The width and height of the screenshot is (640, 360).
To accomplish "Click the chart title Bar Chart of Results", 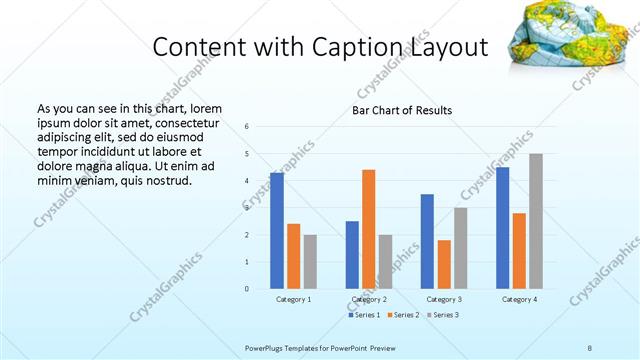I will click(401, 110).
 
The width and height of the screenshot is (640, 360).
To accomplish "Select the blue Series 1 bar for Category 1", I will click(276, 231).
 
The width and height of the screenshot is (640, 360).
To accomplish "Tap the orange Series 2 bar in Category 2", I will click(368, 229).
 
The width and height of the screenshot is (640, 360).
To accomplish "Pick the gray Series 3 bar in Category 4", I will click(536, 221).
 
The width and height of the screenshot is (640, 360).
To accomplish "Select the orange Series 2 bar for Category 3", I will click(444, 264).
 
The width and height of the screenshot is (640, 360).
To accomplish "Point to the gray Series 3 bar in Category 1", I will click(310, 262).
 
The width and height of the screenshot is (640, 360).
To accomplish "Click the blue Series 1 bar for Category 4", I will click(502, 228).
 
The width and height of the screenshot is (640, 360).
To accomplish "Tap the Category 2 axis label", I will click(369, 299).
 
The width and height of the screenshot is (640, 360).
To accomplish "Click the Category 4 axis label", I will click(519, 299).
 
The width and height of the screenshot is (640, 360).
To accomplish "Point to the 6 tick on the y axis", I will click(246, 126).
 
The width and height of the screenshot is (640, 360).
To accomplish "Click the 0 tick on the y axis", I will click(246, 289).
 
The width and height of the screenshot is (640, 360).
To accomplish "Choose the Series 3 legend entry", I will click(443, 315).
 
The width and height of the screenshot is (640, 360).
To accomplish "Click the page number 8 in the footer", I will click(590, 347).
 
